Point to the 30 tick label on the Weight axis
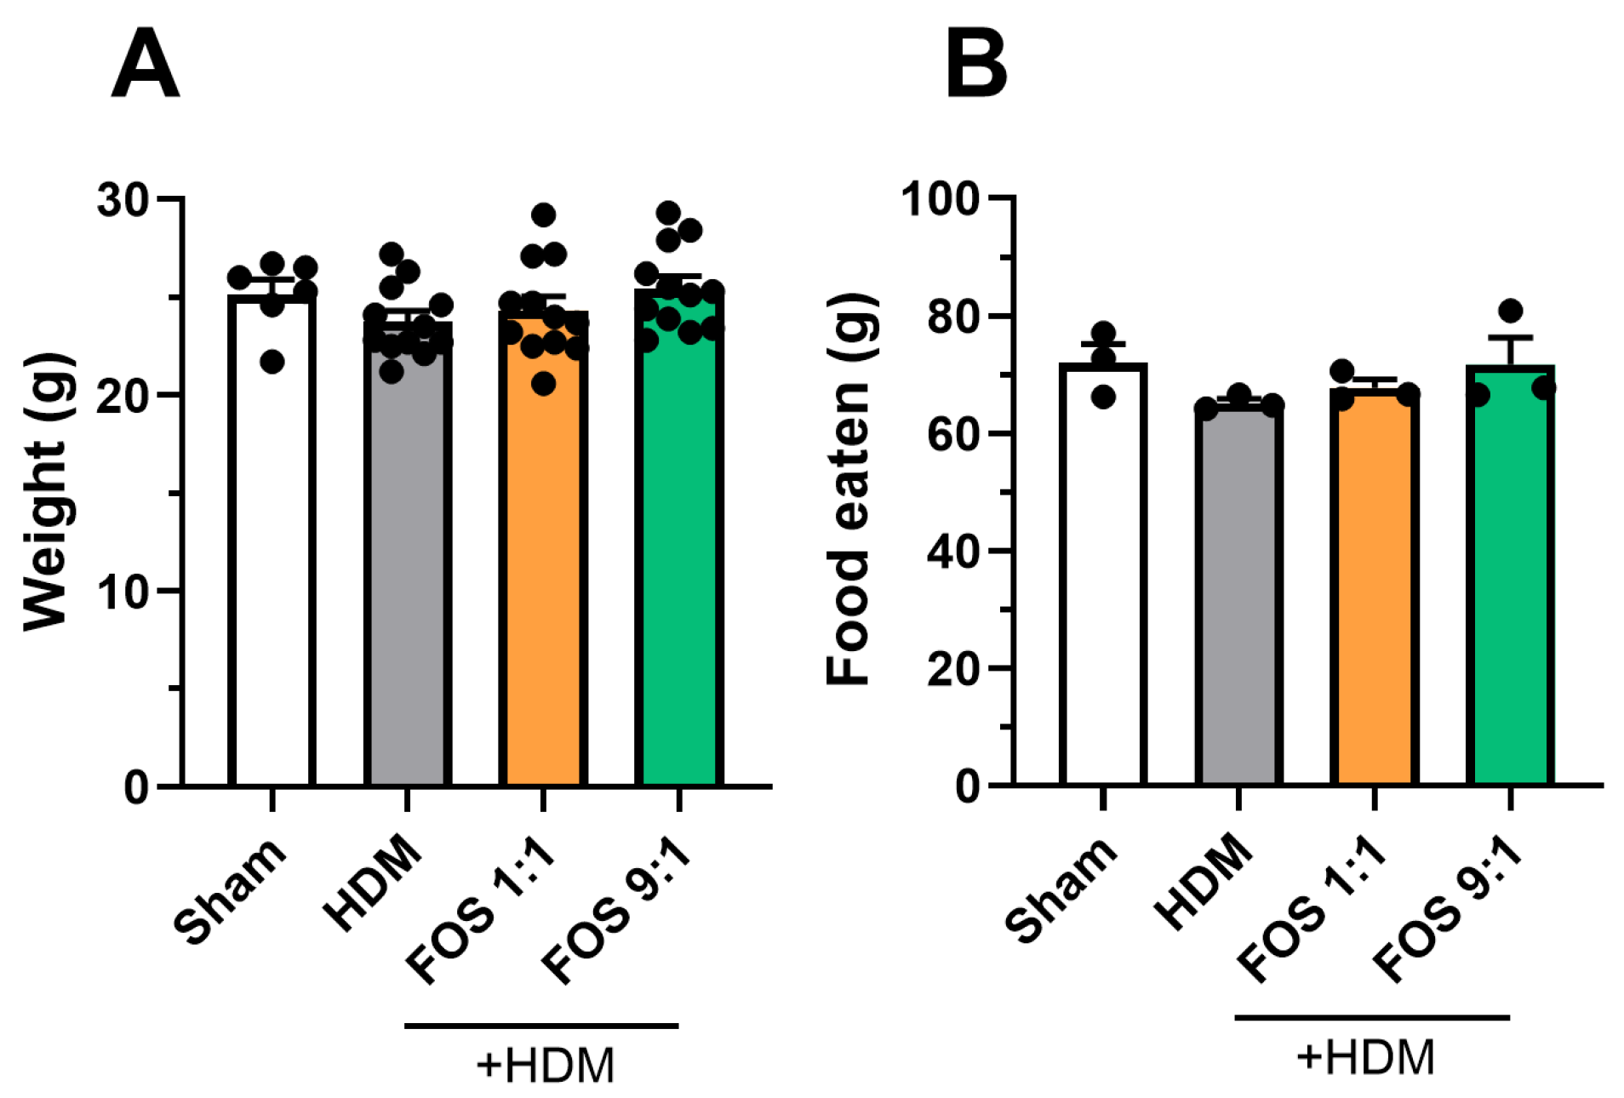123,201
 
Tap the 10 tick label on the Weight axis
123,592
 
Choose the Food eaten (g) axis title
849,489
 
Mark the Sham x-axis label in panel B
1061,889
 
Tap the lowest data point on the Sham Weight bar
272,363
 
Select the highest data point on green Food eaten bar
1511,311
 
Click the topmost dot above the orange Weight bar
543,214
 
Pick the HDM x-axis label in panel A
373,882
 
